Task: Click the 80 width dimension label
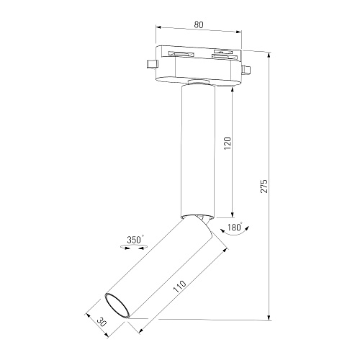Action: pos(199,24)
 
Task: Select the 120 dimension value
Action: pos(228,143)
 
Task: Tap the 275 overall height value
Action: pos(264,186)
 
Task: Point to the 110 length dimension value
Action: pos(180,287)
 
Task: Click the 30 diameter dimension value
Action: pos(102,323)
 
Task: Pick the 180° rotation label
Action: pos(235,227)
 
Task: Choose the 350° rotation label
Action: pos(135,240)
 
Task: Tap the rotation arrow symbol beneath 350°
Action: pos(134,247)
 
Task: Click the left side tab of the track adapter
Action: pos(152,64)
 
